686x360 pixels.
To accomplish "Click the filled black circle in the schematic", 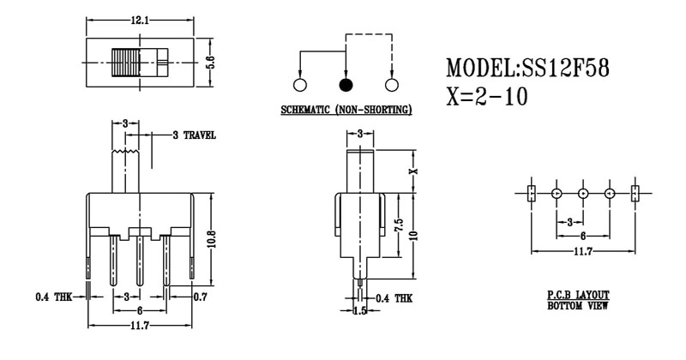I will click(x=346, y=85).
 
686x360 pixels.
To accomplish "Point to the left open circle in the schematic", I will click(x=300, y=85).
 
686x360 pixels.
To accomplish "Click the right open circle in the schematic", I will click(x=393, y=85).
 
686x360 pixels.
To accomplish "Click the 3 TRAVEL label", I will click(x=193, y=135).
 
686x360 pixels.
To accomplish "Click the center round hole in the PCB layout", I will click(x=583, y=193).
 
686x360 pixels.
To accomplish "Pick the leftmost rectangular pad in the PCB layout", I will click(x=531, y=193).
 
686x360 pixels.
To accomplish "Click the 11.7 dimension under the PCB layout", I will click(x=583, y=251).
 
